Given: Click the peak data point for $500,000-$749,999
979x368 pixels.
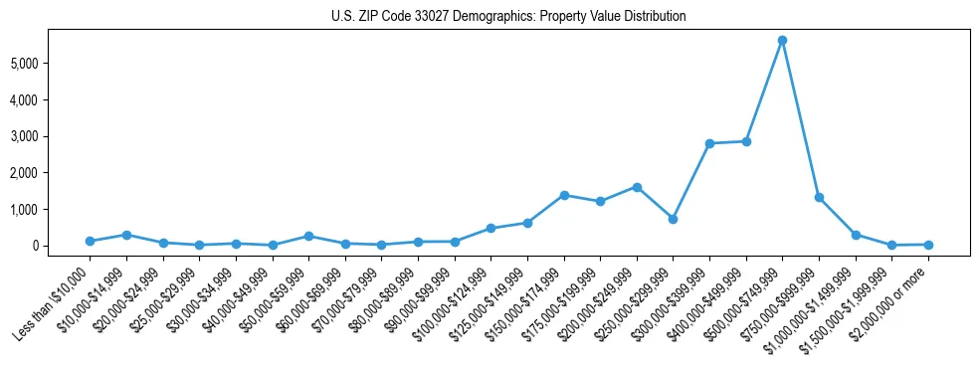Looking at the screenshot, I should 782,41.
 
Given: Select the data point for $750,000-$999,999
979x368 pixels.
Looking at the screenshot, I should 819,198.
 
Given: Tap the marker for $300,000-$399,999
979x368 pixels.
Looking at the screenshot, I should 709,143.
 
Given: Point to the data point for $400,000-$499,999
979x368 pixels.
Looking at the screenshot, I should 746,141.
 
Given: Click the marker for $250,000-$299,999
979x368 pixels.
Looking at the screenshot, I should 673,219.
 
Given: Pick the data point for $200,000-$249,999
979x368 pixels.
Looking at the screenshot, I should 637,187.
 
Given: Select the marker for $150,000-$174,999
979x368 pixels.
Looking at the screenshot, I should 563,195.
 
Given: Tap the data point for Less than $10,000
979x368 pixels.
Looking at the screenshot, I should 90,241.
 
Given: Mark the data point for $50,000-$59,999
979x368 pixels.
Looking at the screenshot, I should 308,236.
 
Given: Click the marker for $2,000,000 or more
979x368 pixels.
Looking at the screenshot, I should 928,245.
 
